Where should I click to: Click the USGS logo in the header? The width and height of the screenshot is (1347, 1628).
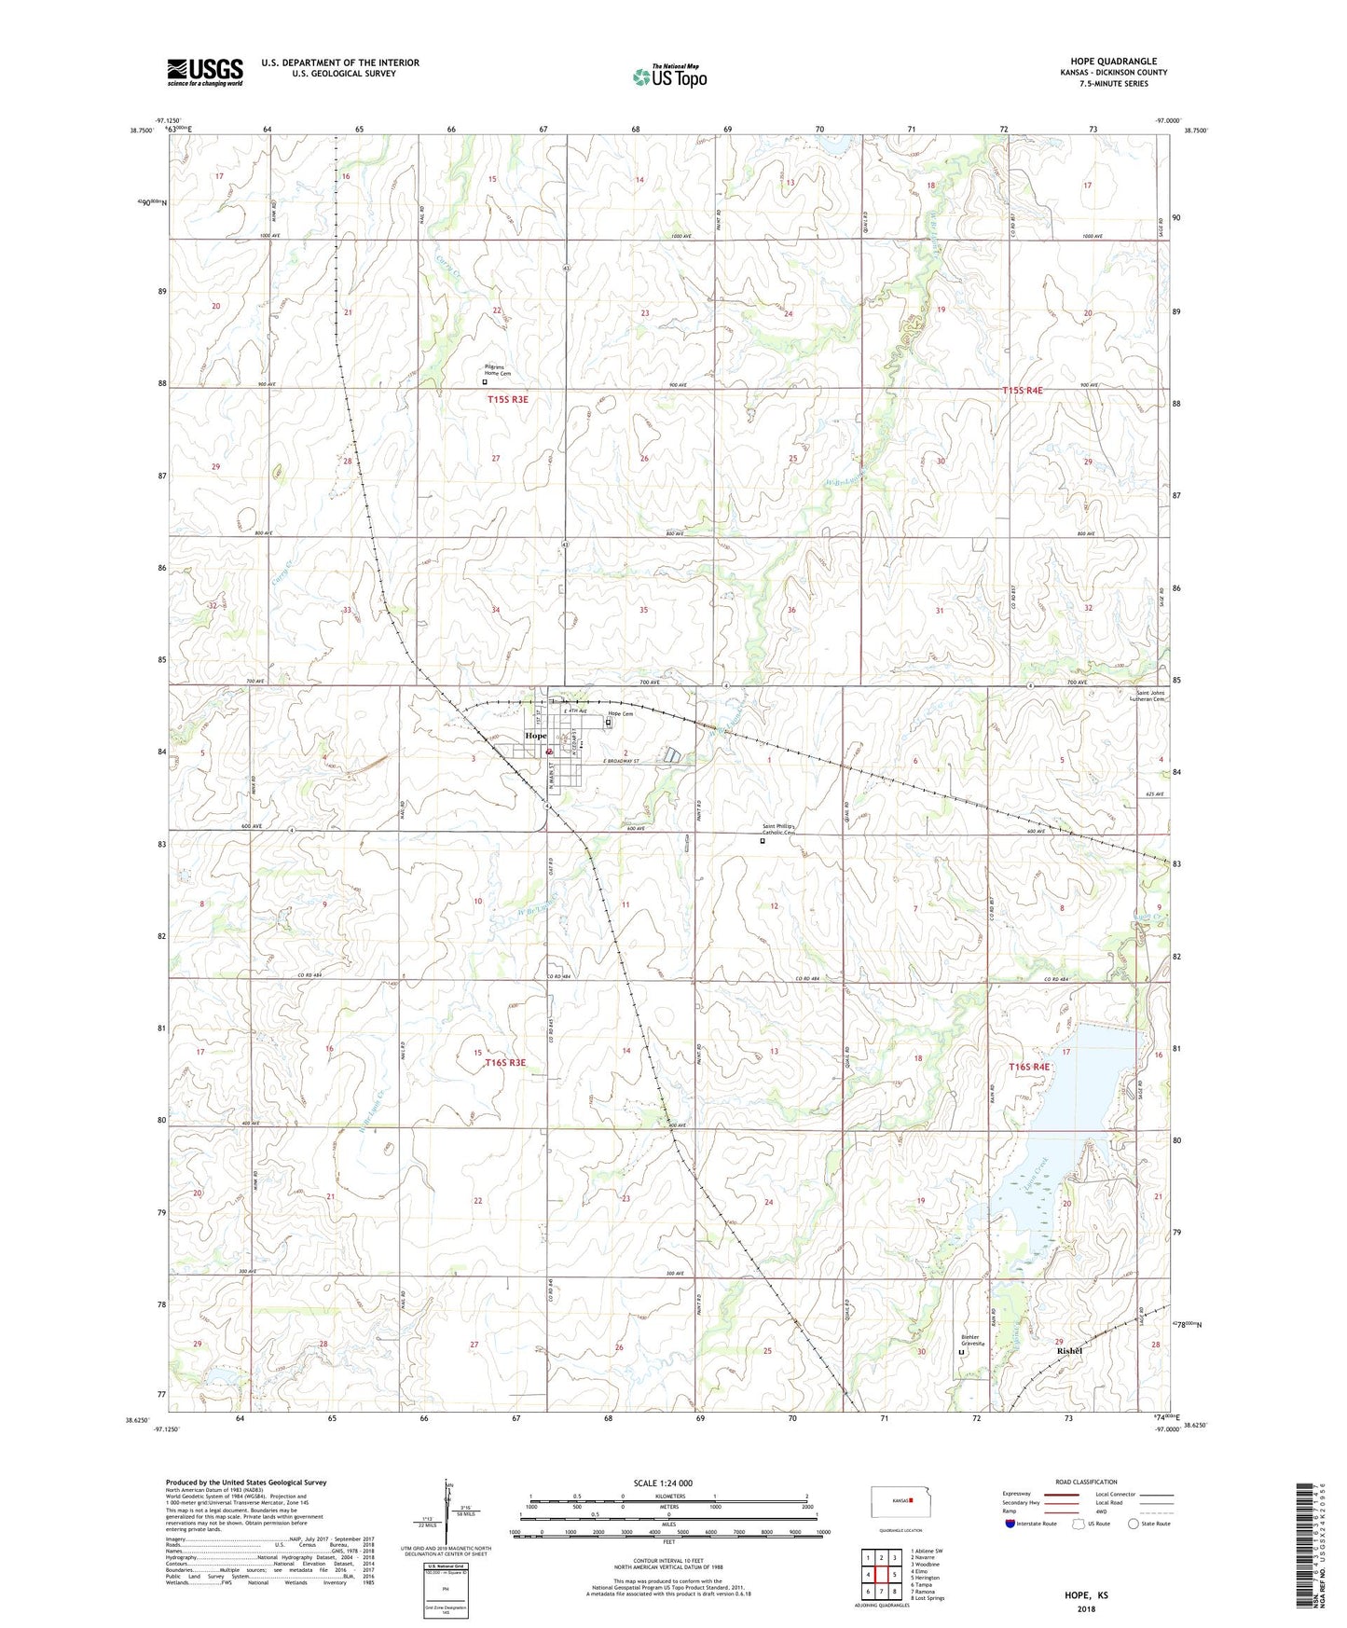pos(205,72)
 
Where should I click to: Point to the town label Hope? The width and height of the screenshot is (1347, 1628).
pos(536,736)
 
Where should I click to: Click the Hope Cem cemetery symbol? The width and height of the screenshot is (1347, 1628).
pos(610,723)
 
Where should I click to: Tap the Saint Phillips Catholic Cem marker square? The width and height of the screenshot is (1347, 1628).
pos(762,840)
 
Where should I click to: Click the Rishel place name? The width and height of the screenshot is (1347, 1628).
pos(1069,1351)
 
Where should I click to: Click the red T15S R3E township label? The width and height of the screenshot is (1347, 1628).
pos(507,399)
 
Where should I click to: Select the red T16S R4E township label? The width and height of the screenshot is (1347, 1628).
pos(1028,1067)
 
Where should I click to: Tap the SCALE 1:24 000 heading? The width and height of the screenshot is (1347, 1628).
pos(663,1483)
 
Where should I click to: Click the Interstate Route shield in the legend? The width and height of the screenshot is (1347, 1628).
pos(1012,1524)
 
